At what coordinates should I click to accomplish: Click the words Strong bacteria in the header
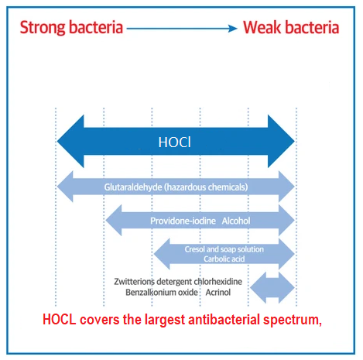(x=71, y=28)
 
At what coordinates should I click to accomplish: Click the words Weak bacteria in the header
(x=291, y=28)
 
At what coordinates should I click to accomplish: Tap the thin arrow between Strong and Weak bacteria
(x=183, y=29)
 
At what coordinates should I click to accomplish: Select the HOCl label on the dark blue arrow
(x=175, y=142)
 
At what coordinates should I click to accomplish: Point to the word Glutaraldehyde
(x=132, y=187)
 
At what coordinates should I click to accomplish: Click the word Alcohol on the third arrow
(x=236, y=221)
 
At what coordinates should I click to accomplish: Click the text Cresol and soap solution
(x=224, y=249)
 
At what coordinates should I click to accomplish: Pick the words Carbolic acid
(x=224, y=259)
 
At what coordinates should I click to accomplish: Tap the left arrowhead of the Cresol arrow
(x=163, y=253)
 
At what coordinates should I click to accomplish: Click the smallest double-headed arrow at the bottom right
(x=272, y=286)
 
